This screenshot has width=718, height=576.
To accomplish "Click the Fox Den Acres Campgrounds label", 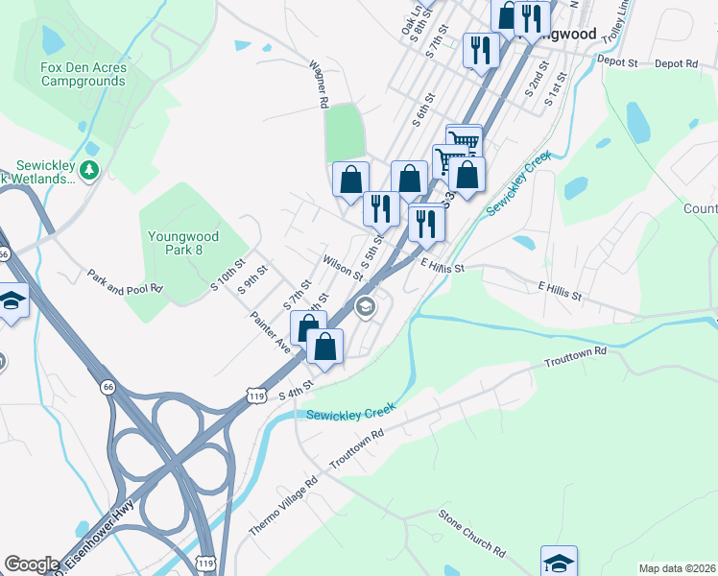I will pyautogui.click(x=83, y=75).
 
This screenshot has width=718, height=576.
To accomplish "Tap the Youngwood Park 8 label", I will pyautogui.click(x=183, y=243).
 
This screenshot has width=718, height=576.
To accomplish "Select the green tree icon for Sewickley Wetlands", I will pyautogui.click(x=89, y=170).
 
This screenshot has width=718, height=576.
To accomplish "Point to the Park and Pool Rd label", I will pyautogui.click(x=125, y=281).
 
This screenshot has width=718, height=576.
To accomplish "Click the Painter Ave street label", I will pyautogui.click(x=270, y=332).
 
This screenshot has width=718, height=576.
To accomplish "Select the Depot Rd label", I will pyautogui.click(x=677, y=63).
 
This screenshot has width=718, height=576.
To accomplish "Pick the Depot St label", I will pyautogui.click(x=617, y=60).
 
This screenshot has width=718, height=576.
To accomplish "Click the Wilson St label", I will pyautogui.click(x=343, y=266).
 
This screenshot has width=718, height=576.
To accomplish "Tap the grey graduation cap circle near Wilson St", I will pyautogui.click(x=365, y=307).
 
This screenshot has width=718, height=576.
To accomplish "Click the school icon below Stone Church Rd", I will pyautogui.click(x=559, y=561).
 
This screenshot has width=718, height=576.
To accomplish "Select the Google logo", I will pyautogui.click(x=32, y=564).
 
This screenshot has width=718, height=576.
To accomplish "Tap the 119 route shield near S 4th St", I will pyautogui.click(x=255, y=395).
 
